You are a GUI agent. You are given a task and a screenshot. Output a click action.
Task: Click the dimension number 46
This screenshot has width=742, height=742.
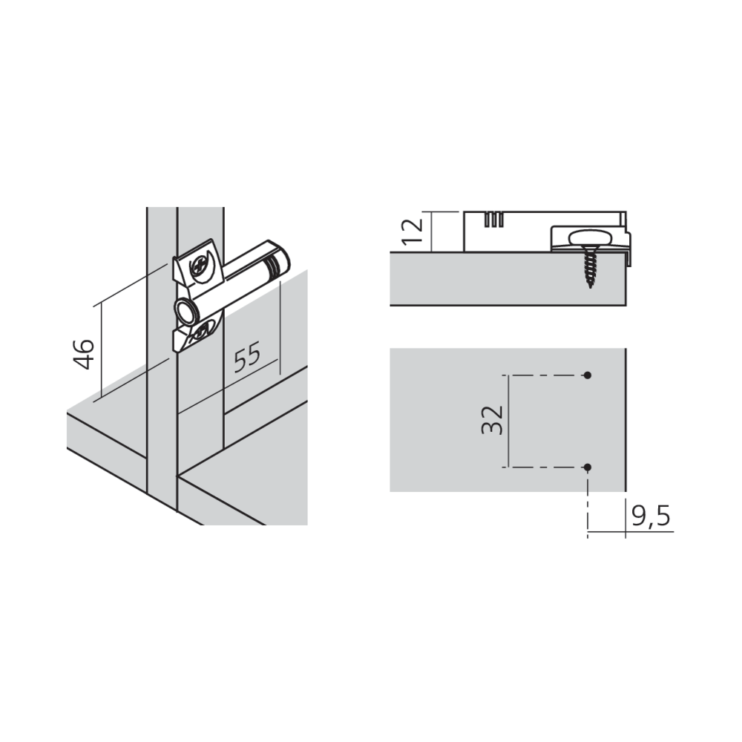pos(85,353)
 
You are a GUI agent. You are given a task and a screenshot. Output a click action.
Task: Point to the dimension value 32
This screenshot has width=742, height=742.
pos(491,420)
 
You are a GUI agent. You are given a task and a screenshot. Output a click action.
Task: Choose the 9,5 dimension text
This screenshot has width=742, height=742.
pos(651,516)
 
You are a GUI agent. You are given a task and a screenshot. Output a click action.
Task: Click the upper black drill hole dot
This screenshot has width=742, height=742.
pos(588,375)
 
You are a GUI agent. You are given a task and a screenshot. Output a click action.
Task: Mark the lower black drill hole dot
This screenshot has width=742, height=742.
pos(588,467)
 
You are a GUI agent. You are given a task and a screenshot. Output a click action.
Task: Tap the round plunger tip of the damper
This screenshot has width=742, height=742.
pos(183,311)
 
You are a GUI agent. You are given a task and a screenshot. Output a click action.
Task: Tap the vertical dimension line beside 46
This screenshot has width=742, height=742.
pos(101,351)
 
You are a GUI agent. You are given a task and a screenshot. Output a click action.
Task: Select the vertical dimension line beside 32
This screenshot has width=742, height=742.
pos(509,421)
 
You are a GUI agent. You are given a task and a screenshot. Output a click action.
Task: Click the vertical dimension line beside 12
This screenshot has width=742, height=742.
pos(432,232)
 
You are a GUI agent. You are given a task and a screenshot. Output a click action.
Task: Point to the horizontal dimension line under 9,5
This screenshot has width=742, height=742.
pos(631,532)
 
